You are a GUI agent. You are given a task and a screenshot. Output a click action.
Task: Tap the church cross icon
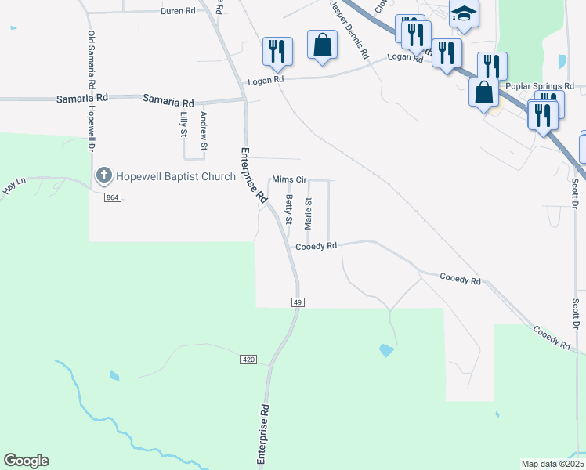tap(103, 176)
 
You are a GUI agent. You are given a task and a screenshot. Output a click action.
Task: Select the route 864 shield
tap(112, 198)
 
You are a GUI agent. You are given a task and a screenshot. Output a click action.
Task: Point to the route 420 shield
tap(248, 359)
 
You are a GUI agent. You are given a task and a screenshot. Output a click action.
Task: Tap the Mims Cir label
tap(289, 179)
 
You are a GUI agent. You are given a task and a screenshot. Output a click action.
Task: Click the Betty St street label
tap(289, 211)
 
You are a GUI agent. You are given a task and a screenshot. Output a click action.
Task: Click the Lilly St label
tap(183, 125)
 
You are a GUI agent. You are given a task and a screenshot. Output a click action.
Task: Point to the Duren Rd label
tap(177, 11)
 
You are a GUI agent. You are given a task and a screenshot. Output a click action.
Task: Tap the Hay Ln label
tap(15, 186)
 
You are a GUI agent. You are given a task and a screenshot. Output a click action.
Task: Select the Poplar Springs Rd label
tap(541, 86)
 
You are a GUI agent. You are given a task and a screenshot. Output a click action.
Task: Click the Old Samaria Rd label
tap(92, 60)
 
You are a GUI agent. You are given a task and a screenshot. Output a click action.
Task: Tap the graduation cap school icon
tap(463, 14)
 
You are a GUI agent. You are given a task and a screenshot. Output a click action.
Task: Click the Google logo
tap(26, 461)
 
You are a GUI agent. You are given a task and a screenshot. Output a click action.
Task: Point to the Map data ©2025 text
tap(552, 464)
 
